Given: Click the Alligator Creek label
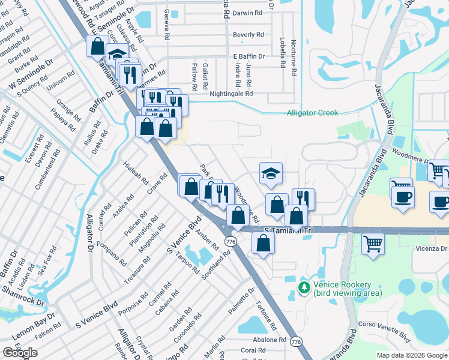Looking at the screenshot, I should point(312,113).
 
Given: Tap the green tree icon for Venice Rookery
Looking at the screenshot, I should point(304,288).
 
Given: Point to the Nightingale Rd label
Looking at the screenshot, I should point(231,94).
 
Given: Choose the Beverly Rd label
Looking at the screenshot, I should point(249,35).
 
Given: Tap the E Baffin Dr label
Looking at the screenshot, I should point(249,56).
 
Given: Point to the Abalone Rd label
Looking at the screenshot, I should point(269,340).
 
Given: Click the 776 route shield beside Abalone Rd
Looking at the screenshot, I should point(295,341).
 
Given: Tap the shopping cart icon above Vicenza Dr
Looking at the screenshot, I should point(373,243).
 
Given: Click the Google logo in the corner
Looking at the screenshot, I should point(20,353).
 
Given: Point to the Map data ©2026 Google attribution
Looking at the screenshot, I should point(412,355).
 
